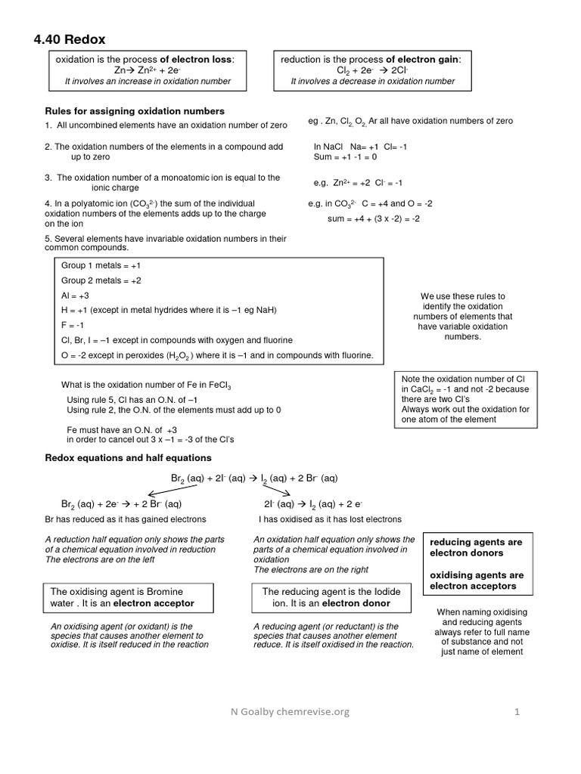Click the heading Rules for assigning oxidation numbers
(x=135, y=111)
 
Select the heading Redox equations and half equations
(x=129, y=458)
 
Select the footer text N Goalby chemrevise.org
(x=290, y=711)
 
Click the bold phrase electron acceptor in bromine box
(x=149, y=603)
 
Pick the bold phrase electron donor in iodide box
(x=356, y=603)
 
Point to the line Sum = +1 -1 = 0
(x=345, y=157)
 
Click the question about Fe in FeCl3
(x=146, y=385)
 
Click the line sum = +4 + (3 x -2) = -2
(x=374, y=218)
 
